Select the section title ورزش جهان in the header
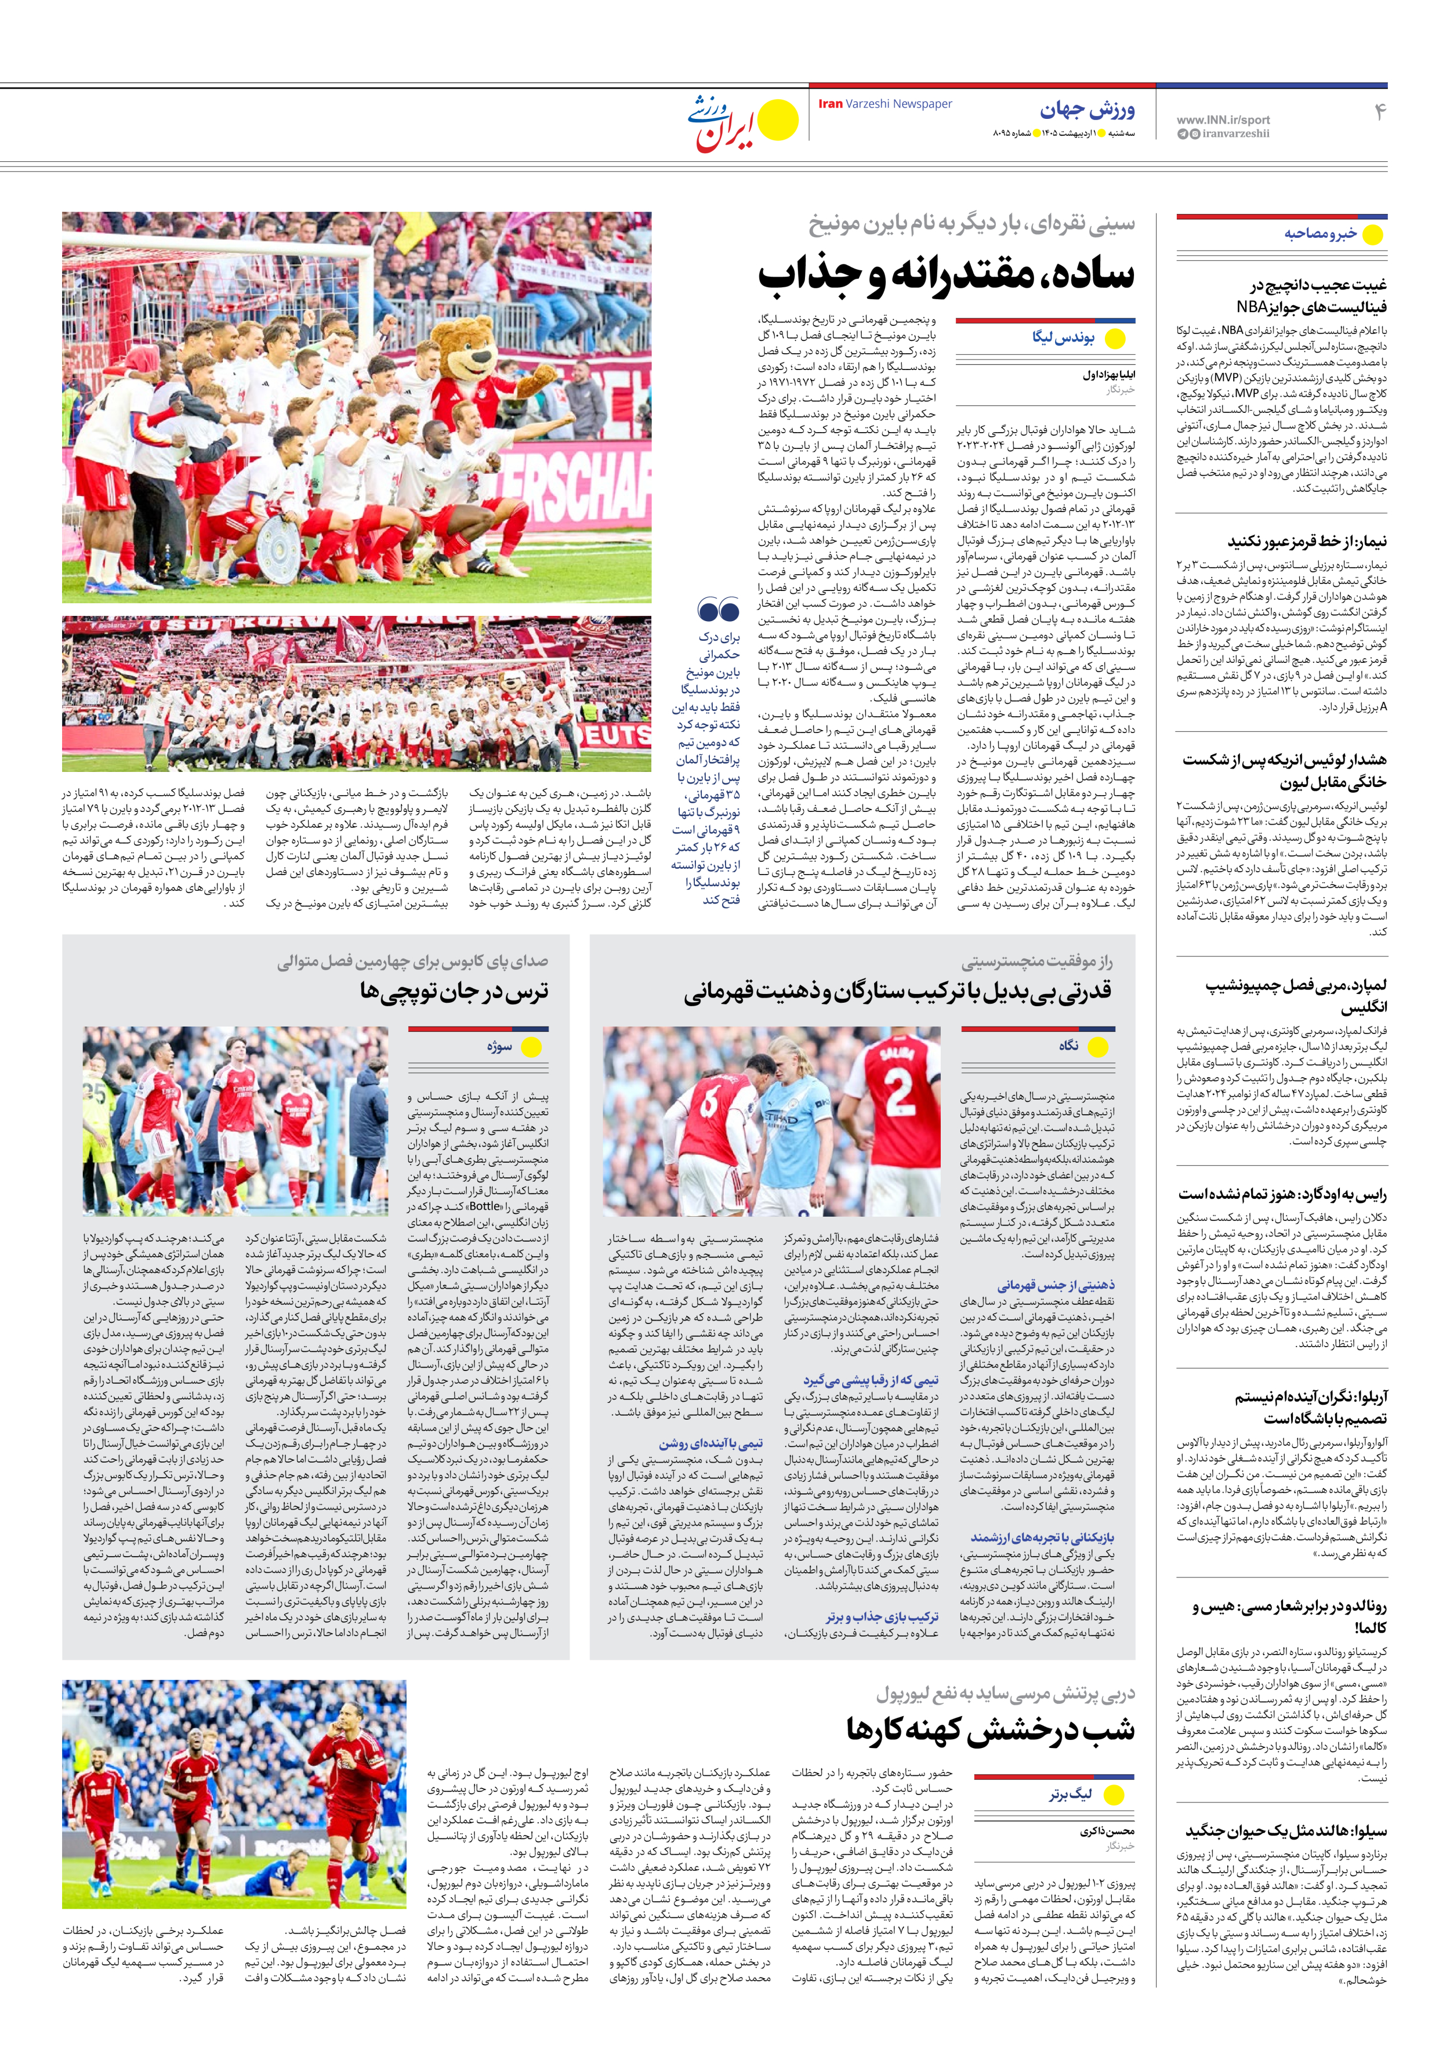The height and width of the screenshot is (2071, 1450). click(1087, 110)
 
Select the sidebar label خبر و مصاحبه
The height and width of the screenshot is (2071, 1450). click(1320, 234)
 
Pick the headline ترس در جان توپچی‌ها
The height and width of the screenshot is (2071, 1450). click(454, 991)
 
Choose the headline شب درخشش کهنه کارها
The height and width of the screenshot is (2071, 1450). click(990, 1730)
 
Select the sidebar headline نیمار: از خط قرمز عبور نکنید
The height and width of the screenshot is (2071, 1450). click(1307, 541)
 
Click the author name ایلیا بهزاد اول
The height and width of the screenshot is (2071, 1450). click(1109, 374)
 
